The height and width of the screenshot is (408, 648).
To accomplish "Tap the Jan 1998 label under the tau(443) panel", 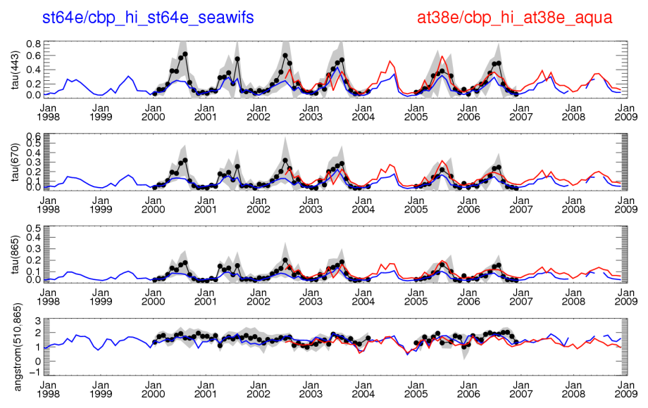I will [x=48, y=112].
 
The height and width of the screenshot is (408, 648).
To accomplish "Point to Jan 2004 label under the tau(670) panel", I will [x=363, y=204].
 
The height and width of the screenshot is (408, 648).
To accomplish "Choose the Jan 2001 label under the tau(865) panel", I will [x=205, y=296].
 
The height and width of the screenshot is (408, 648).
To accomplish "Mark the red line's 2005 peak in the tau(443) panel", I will [x=442, y=56].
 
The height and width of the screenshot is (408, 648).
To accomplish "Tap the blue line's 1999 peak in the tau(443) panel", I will [x=129, y=76].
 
